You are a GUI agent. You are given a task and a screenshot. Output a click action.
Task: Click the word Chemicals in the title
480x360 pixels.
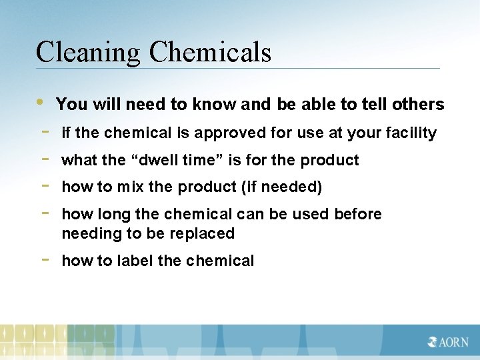(211, 52)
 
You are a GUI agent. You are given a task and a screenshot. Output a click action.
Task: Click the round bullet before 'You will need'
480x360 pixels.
(41, 102)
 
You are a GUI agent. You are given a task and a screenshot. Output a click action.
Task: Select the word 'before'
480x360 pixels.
(358, 215)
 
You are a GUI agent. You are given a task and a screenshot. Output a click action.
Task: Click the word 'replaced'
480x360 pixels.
(205, 234)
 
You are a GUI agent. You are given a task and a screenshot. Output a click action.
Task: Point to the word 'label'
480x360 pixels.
(136, 261)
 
